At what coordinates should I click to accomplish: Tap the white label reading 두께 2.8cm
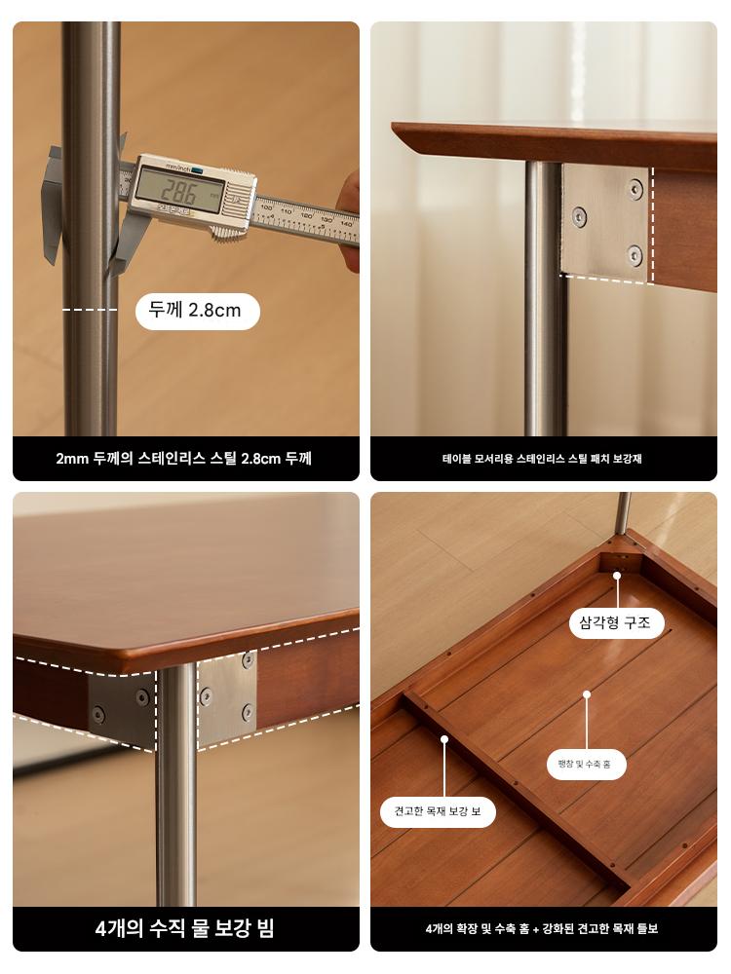point(197,311)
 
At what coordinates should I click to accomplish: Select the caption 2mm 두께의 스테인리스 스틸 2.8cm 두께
point(184,459)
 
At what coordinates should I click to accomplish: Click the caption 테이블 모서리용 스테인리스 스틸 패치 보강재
point(542,459)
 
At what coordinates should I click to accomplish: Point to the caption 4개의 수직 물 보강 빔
point(184,928)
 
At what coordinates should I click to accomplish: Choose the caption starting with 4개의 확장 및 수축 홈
point(542,929)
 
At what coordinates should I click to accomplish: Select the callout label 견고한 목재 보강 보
point(438,811)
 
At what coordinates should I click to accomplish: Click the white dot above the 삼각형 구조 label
point(617,576)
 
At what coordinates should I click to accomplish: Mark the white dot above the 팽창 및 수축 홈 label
point(586,694)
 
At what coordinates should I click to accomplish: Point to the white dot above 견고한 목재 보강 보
point(444,739)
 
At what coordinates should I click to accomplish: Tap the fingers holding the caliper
point(349,213)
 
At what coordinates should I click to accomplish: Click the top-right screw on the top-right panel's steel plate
point(635,189)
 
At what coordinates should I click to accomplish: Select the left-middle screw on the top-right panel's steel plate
point(579,217)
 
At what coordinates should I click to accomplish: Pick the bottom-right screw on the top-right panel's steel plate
point(635,254)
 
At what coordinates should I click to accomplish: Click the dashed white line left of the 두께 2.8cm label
point(90,310)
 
